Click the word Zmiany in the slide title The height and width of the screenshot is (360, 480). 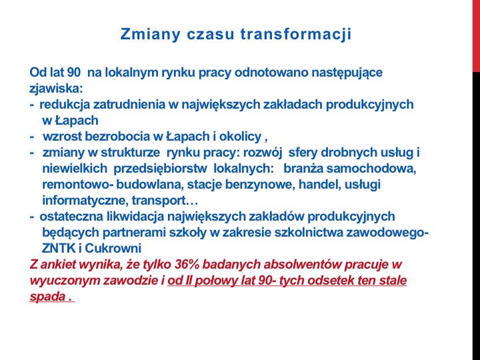[150, 35]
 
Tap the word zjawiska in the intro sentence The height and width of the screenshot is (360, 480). [56, 89]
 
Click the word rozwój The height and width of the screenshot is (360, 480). [263, 153]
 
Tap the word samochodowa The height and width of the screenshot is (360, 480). [371, 169]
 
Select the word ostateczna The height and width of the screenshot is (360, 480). [71, 217]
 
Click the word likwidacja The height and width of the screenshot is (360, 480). [135, 217]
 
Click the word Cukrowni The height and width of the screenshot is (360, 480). [113, 248]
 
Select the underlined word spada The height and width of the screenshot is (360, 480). [47, 297]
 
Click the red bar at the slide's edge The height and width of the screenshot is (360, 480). [476, 36]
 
